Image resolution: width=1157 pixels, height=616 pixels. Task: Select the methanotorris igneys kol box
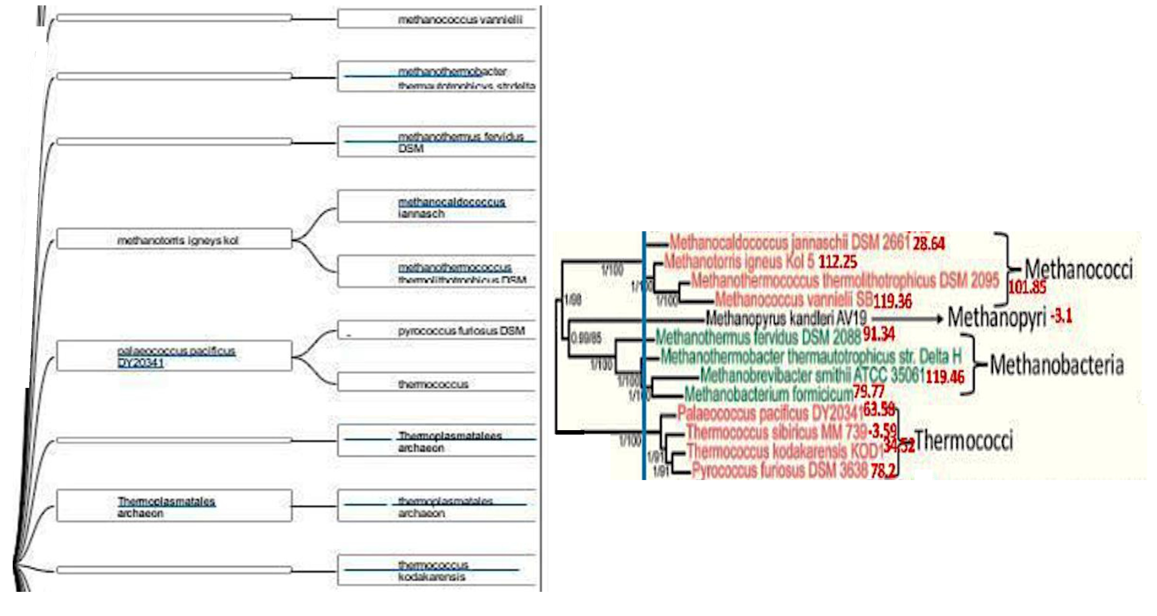[174, 240]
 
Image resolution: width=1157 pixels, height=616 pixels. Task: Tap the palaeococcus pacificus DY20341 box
[174, 356]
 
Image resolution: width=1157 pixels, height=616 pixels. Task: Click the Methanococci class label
[1078, 269]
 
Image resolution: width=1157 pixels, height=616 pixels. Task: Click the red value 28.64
[929, 244]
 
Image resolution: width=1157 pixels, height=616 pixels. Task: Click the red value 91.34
[878, 334]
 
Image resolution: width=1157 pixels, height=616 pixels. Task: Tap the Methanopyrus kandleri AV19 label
[786, 319]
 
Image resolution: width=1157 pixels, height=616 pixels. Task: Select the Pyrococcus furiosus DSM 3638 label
[780, 470]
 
